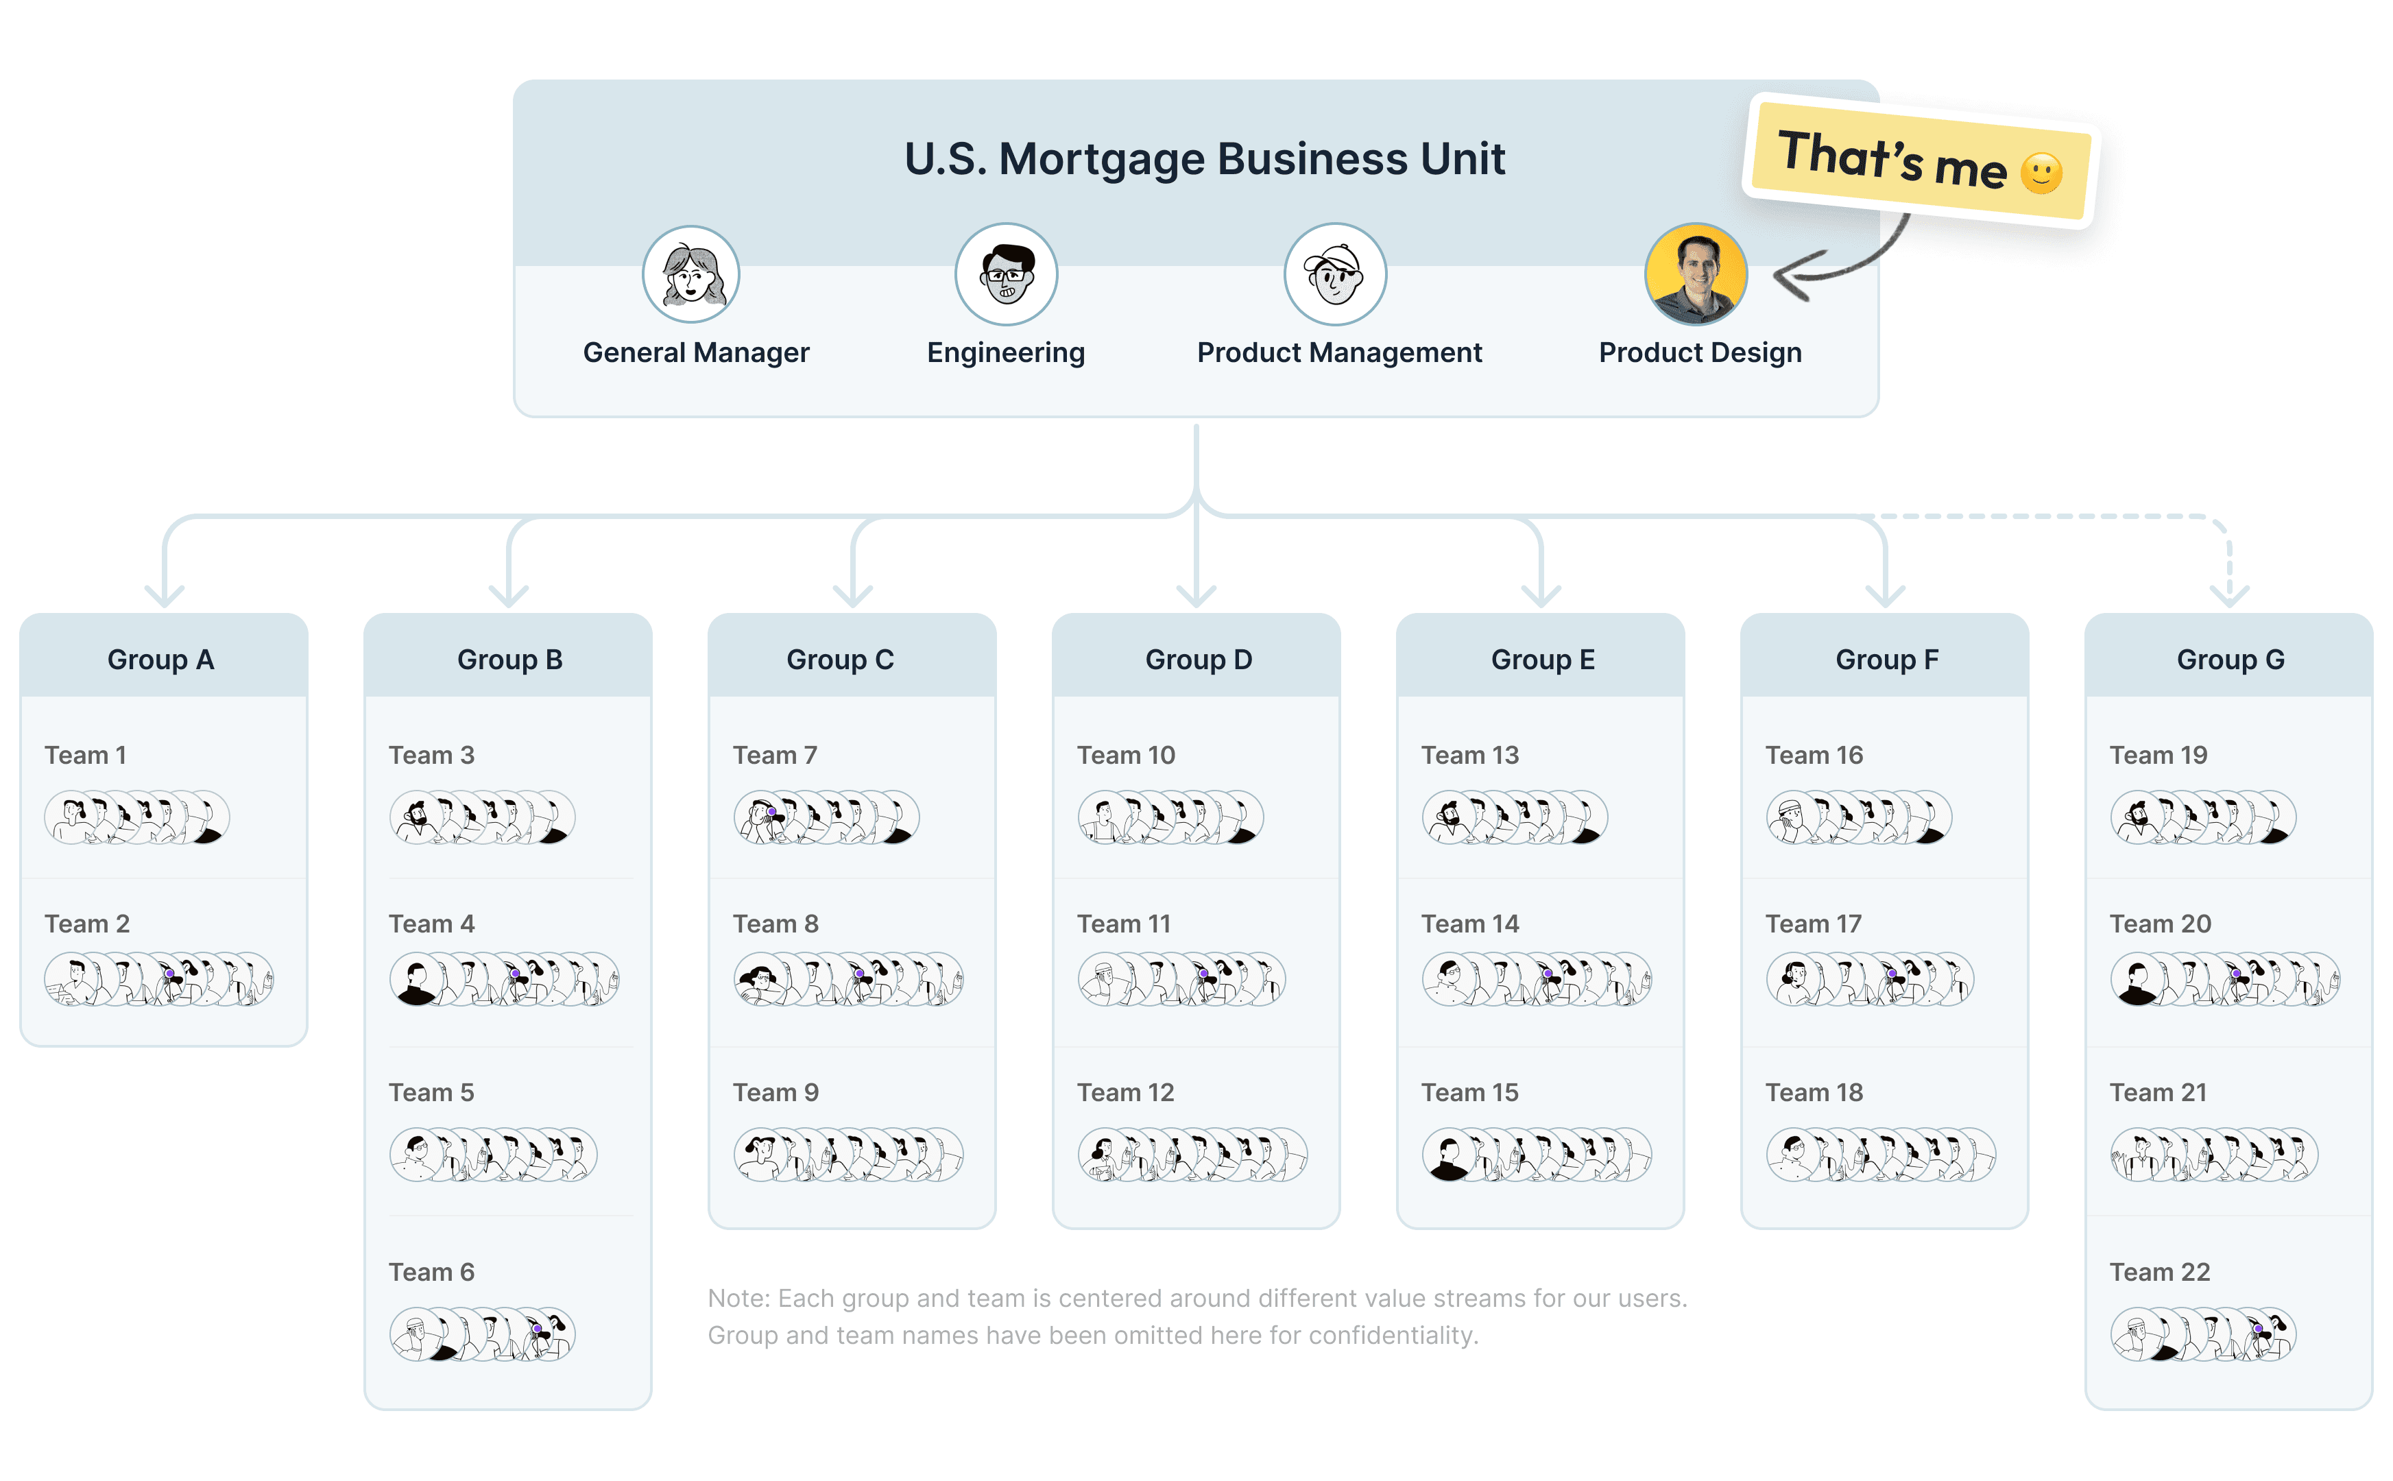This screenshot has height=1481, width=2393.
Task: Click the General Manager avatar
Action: click(x=690, y=275)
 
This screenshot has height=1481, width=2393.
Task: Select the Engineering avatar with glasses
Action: click(x=1006, y=275)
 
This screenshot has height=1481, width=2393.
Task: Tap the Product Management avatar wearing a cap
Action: click(x=1334, y=275)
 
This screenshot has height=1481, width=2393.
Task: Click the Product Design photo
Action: click(x=1696, y=275)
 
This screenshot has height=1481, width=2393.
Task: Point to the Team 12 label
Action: click(x=1125, y=1092)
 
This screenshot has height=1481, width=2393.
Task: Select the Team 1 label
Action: click(x=85, y=755)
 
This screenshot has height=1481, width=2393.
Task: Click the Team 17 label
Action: click(x=1812, y=924)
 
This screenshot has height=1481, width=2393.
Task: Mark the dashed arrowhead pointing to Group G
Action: click(x=2229, y=594)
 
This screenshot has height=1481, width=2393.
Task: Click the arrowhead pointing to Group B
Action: click(x=508, y=594)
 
